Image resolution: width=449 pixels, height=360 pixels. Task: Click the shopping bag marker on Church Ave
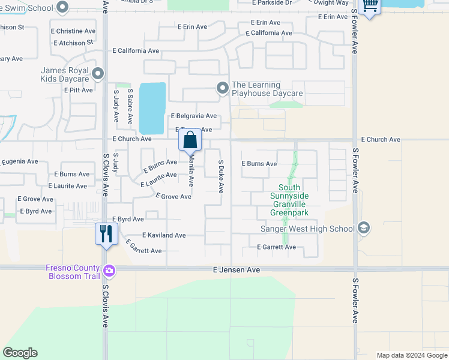[x=190, y=140]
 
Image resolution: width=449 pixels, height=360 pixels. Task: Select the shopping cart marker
[x=370, y=6]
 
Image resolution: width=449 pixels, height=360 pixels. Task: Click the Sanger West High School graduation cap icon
[x=363, y=228]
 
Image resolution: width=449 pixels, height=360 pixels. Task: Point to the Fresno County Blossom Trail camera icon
[x=109, y=271]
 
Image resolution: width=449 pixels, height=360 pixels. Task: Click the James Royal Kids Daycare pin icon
[x=98, y=74]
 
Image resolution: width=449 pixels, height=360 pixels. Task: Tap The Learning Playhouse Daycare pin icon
[x=223, y=88]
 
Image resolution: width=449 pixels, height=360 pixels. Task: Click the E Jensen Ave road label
[x=237, y=270]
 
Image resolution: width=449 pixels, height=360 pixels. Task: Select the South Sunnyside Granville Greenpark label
[x=289, y=204]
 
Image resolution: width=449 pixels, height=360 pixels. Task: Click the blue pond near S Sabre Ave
[x=152, y=108]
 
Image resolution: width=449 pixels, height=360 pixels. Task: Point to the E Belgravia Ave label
[x=193, y=116]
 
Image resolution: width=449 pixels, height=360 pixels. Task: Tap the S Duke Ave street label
[x=220, y=176]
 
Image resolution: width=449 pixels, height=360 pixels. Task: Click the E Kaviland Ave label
[x=164, y=235]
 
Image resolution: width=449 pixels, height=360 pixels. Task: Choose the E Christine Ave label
[x=76, y=31]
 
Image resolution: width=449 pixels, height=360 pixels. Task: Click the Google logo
[x=20, y=353]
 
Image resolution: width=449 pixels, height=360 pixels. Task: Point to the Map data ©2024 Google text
[x=411, y=355]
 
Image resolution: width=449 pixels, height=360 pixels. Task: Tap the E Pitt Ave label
[x=78, y=90]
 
